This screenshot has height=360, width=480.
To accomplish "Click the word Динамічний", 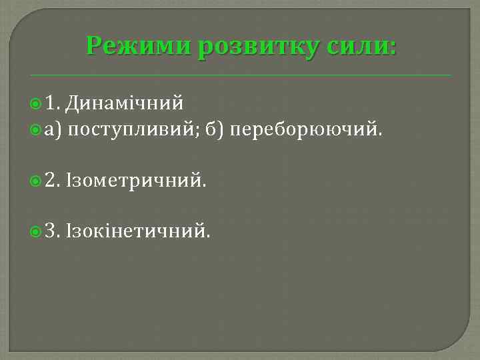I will tap(125, 103).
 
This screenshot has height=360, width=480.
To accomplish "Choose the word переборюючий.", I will tap(306, 129).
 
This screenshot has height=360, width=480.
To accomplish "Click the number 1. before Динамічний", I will tap(53, 103).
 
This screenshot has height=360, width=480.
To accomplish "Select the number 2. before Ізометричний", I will tap(53, 180).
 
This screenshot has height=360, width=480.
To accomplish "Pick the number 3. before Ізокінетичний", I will tap(53, 231).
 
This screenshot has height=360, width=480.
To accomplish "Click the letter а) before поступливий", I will tap(53, 129).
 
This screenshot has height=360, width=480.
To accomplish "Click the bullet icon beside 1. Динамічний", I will tap(36, 104).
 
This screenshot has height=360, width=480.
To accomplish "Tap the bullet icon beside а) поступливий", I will tap(36, 129).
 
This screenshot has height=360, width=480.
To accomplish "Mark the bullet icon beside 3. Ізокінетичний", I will tap(36, 232).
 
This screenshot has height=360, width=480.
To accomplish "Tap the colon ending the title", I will tap(392, 48).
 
